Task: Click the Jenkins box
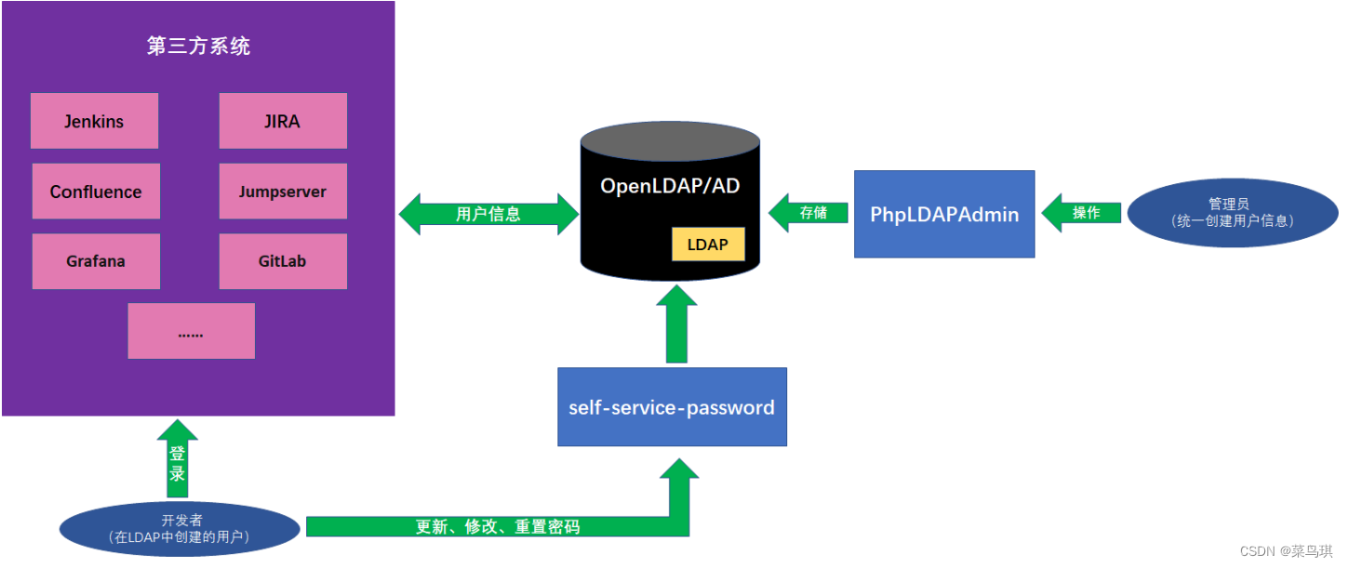click(x=94, y=121)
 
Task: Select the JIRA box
click(x=283, y=121)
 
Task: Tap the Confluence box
click(x=96, y=191)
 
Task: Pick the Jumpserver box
click(x=283, y=191)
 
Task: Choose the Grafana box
click(x=96, y=261)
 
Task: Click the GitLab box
click(x=283, y=261)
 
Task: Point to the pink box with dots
click(x=191, y=331)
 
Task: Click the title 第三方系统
click(x=198, y=46)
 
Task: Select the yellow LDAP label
click(x=708, y=245)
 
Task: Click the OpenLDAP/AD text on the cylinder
click(x=670, y=186)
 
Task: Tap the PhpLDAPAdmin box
click(x=944, y=214)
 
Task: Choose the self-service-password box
click(x=672, y=407)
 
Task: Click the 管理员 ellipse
click(x=1232, y=212)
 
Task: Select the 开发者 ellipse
click(x=180, y=528)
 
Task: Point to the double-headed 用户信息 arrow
click(x=488, y=214)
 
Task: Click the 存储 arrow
click(x=809, y=213)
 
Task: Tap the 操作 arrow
click(x=1082, y=213)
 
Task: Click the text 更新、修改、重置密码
click(x=498, y=527)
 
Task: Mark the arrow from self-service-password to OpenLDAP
click(x=676, y=325)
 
